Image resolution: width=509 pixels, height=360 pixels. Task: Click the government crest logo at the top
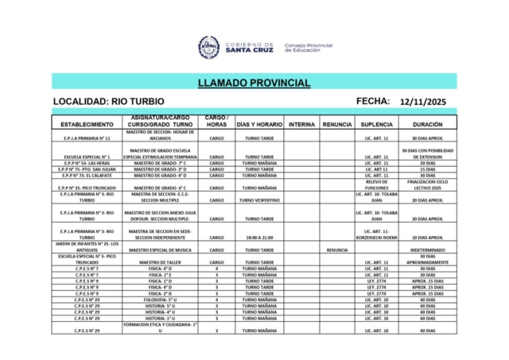209,45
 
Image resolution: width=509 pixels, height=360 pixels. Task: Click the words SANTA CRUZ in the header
249,49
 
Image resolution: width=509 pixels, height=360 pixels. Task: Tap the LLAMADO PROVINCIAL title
254,83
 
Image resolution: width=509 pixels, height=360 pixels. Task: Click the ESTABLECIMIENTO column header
86,125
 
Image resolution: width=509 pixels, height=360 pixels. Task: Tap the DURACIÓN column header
428,125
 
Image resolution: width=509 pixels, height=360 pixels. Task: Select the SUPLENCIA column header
376,125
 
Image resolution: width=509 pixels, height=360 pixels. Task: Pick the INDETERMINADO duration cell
428,250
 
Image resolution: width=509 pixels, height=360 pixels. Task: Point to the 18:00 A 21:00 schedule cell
259,237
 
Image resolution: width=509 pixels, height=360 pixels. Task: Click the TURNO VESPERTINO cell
259,200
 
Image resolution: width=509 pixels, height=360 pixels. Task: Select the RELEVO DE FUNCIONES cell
376,184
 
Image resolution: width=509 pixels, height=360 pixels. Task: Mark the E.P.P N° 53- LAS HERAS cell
86,163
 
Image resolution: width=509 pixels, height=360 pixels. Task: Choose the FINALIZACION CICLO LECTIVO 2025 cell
428,184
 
